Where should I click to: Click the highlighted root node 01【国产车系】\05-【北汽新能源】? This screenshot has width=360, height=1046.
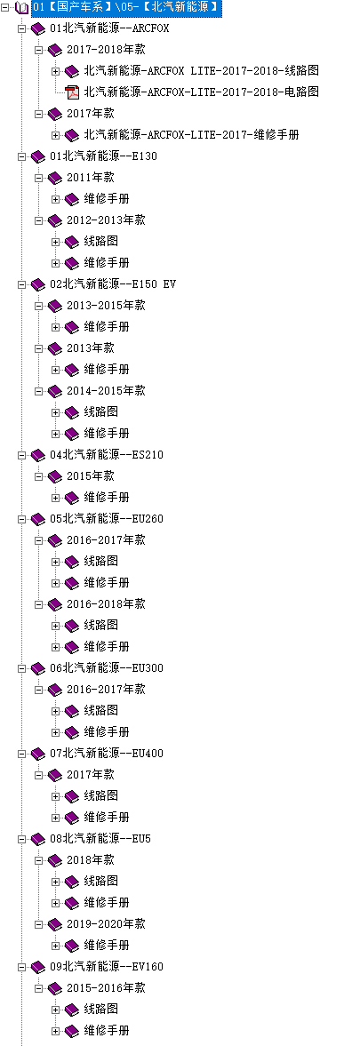pyautogui.click(x=126, y=7)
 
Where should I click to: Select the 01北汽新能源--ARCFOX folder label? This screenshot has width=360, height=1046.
pyautogui.click(x=109, y=28)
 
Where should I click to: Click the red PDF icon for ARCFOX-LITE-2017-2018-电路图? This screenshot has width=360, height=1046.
pyautogui.click(x=72, y=92)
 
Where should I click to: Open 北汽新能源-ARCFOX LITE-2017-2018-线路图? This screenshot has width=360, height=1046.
pyautogui.click(x=192, y=71)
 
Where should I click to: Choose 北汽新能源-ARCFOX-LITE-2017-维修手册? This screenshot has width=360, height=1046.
pyautogui.click(x=190, y=135)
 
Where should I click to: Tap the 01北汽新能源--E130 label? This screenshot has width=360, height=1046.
pyautogui.click(x=103, y=156)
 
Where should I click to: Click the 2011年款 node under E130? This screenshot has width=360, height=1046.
pyautogui.click(x=90, y=178)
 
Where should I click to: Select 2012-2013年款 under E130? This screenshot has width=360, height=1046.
pyautogui.click(x=106, y=220)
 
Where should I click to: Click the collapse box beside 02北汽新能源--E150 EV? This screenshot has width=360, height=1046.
pyautogui.click(x=22, y=284)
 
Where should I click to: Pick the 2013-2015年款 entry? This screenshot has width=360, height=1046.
pyautogui.click(x=106, y=306)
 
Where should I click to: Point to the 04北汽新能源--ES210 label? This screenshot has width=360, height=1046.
pyautogui.click(x=107, y=455)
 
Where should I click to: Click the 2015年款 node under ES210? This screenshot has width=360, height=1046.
pyautogui.click(x=90, y=476)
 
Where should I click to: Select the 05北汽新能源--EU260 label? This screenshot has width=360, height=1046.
pyautogui.click(x=107, y=519)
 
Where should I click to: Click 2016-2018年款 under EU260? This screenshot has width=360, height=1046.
pyautogui.click(x=106, y=604)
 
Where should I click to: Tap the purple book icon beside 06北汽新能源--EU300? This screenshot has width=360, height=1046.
pyautogui.click(x=39, y=668)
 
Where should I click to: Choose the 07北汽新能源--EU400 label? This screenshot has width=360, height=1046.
pyautogui.click(x=107, y=754)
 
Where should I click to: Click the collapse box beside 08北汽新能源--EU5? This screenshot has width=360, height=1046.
pyautogui.click(x=22, y=839)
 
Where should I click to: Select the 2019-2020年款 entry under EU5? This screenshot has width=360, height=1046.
pyautogui.click(x=106, y=924)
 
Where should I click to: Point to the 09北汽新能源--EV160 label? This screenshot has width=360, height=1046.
pyautogui.click(x=107, y=967)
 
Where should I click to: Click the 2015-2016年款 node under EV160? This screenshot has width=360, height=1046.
pyautogui.click(x=106, y=988)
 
